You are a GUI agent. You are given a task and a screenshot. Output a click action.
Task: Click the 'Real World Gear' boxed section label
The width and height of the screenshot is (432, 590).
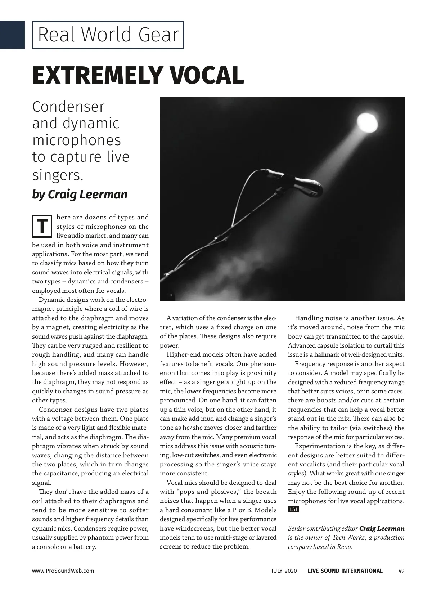coord(108,35)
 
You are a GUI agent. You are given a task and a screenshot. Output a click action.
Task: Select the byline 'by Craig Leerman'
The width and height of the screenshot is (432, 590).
coord(80,195)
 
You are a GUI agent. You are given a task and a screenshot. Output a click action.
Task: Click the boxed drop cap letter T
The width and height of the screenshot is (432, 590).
coord(42,226)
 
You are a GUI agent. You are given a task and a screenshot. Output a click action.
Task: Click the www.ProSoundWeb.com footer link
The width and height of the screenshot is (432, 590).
coord(63,571)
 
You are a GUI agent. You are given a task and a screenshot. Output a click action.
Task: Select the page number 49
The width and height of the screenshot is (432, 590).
coord(401,571)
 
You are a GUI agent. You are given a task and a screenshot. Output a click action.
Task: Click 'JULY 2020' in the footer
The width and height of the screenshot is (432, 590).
coord(284,571)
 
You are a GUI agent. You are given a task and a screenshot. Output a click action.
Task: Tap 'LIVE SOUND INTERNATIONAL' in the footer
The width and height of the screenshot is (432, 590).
coord(345,571)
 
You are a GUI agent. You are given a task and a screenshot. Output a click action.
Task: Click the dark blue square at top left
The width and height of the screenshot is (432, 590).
coord(13,35)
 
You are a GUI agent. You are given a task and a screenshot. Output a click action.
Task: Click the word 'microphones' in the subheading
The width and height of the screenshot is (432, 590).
coord(77,140)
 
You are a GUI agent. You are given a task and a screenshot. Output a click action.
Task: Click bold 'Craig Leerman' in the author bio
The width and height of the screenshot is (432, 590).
coord(382,528)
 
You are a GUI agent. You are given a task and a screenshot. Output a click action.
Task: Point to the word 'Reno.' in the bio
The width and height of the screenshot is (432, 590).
coord(343,547)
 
